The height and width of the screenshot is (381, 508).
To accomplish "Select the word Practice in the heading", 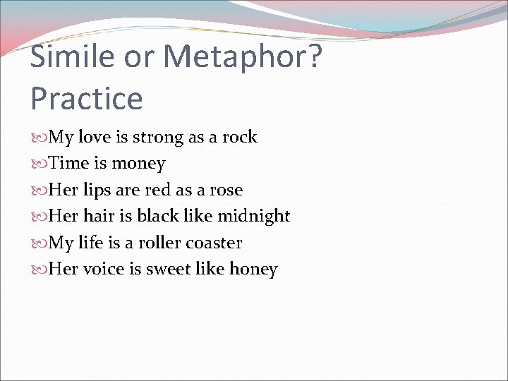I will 86,99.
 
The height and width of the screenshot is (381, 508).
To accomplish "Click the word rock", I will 241,137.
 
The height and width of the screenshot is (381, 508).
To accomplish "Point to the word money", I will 138,164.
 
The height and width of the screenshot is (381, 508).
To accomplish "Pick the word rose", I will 227,190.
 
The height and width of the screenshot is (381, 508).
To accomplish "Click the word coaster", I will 213,243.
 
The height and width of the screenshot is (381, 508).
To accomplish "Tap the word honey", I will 255,269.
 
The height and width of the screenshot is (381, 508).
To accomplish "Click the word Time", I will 69,163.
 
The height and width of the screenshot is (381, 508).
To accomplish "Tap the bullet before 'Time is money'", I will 39,164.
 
